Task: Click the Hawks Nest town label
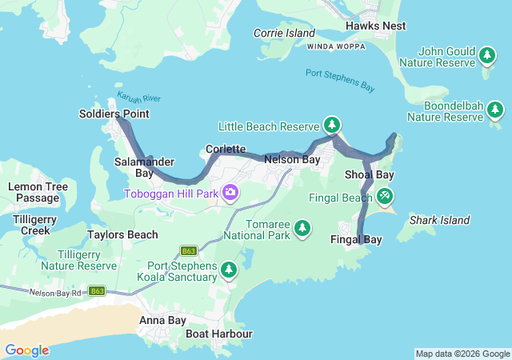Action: coord(376,26)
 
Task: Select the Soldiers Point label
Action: coord(114,114)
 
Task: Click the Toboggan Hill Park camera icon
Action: coord(230,192)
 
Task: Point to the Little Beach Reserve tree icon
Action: coord(332,125)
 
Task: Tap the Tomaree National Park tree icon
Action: coord(302,229)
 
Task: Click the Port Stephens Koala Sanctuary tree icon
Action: coord(230,270)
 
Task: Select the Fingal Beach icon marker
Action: coord(385,195)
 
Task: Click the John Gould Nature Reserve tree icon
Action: coord(487,54)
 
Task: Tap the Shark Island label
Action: coord(439,220)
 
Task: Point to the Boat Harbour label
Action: coord(219,334)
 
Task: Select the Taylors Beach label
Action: coord(122,235)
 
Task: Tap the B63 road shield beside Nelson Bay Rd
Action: coord(97,290)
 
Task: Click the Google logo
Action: coord(26,350)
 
